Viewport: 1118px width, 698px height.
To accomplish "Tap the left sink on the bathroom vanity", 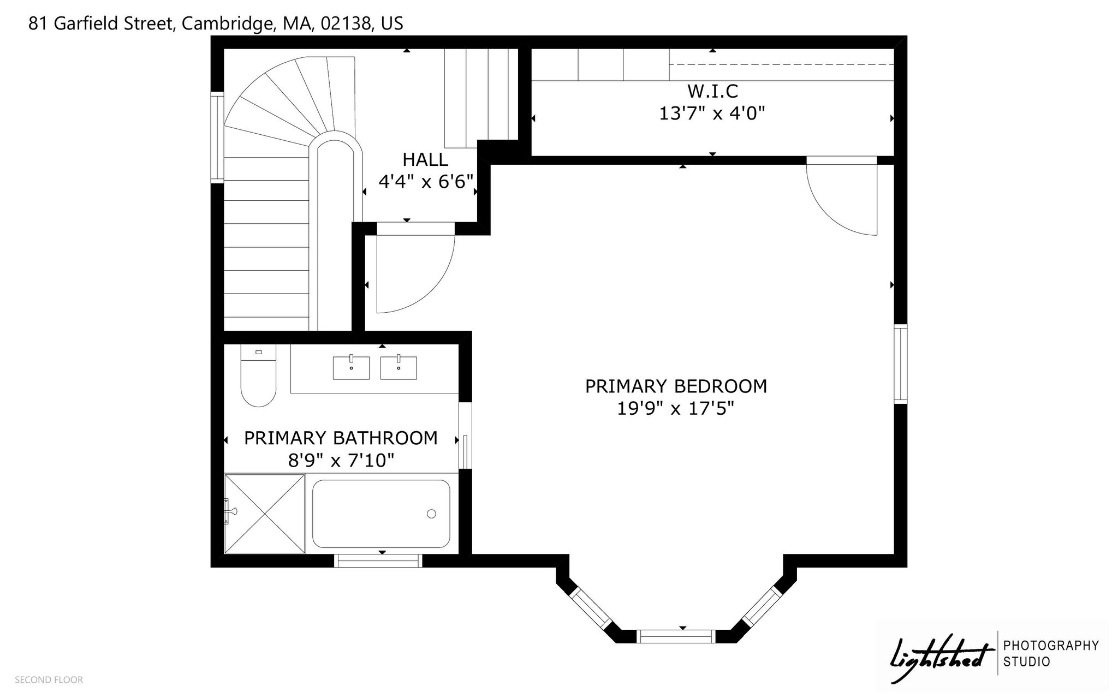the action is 351,367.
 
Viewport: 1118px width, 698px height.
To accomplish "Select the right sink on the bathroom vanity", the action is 399,367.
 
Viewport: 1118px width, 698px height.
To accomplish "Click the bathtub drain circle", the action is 431,514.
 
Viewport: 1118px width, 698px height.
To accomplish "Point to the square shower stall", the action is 265,514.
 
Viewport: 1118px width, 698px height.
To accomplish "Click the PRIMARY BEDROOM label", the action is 676,386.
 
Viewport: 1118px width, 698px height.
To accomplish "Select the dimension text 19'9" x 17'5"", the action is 676,409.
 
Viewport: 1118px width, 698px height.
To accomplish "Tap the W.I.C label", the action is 713,91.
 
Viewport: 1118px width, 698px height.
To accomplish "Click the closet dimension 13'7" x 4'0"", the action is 712,114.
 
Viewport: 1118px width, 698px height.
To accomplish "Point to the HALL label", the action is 425,159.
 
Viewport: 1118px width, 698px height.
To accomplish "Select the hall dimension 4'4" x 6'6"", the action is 426,182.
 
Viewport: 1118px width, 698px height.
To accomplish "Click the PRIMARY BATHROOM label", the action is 341,438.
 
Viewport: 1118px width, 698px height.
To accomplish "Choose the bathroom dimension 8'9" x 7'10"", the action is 341,461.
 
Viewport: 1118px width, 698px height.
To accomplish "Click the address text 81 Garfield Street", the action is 101,24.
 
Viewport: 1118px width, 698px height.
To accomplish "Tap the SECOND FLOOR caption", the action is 49,680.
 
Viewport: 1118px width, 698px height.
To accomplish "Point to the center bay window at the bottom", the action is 676,636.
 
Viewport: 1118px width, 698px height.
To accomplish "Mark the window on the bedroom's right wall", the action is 901,364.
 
